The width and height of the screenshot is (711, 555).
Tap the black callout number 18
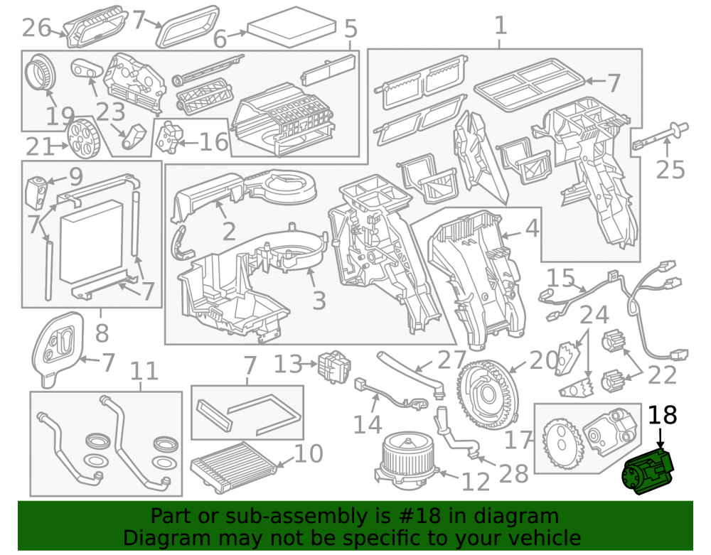pyautogui.click(x=663, y=414)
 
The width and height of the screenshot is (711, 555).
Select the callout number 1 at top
pyautogui.click(x=500, y=25)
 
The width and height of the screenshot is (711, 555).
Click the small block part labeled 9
pyautogui.click(x=37, y=193)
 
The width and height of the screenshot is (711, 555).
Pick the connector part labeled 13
pyautogui.click(x=334, y=367)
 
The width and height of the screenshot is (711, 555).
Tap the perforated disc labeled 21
pyautogui.click(x=82, y=138)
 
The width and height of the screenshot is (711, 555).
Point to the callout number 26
pyautogui.click(x=37, y=28)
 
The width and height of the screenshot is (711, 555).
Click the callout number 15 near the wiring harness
pyautogui.click(x=561, y=278)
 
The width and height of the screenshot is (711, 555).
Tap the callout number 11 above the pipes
pyautogui.click(x=144, y=372)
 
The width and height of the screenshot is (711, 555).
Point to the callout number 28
pyautogui.click(x=513, y=474)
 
